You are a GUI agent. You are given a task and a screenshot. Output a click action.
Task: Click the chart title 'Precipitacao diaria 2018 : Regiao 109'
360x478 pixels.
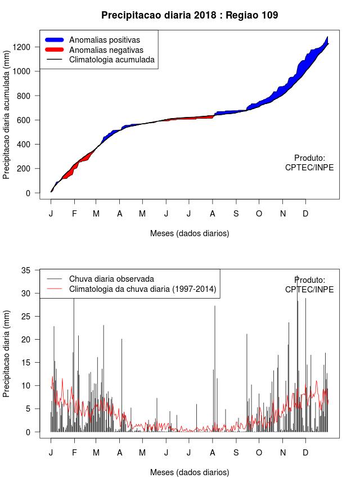point(190,15)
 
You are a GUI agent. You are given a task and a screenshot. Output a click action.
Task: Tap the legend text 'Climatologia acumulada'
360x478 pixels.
point(111,59)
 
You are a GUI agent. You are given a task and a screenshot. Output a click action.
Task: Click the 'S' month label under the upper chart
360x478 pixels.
point(236,214)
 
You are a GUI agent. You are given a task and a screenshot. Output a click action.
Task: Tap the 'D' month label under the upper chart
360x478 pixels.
point(305,214)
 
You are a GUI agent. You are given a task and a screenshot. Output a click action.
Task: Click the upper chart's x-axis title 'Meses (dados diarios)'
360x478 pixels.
point(190,233)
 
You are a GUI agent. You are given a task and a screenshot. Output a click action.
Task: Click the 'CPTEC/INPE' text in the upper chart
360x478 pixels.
point(309,168)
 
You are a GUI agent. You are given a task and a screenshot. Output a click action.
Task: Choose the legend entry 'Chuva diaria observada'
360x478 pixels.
point(111,278)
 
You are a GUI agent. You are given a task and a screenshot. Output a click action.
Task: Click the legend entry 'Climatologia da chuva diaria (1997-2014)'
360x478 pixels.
point(143,289)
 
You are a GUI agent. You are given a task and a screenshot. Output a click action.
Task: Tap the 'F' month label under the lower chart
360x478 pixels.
point(74,453)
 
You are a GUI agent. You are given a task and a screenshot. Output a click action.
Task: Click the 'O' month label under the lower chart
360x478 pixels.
point(259,453)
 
